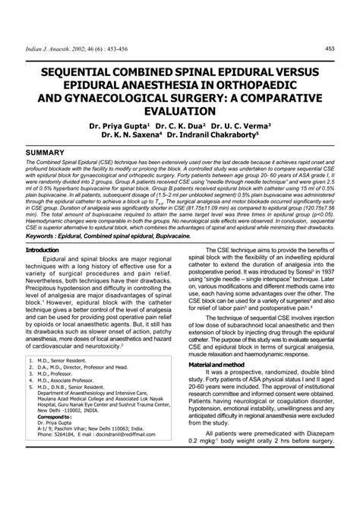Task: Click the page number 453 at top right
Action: [330, 49]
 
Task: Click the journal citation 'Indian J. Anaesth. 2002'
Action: [59, 49]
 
